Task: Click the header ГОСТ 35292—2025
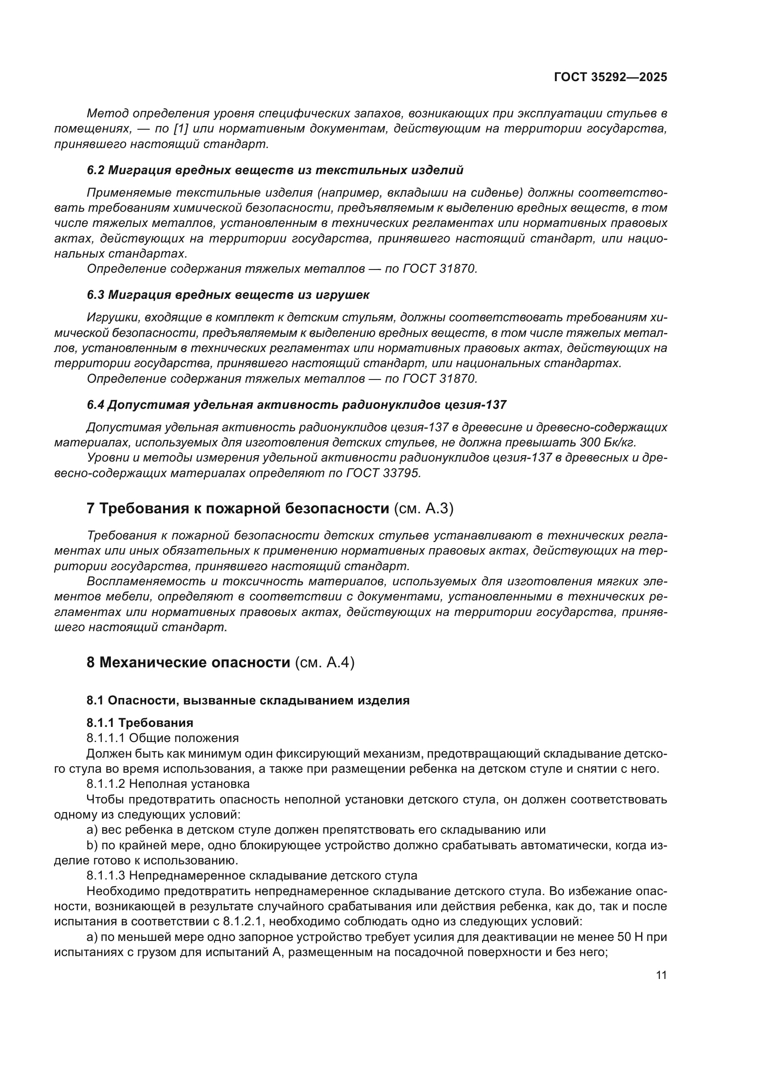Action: [610, 77]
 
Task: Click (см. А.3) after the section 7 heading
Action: [423, 508]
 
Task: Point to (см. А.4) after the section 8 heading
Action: [324, 663]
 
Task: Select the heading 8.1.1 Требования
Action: [140, 723]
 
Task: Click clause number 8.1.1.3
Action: [105, 875]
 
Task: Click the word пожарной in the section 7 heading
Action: [238, 508]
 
